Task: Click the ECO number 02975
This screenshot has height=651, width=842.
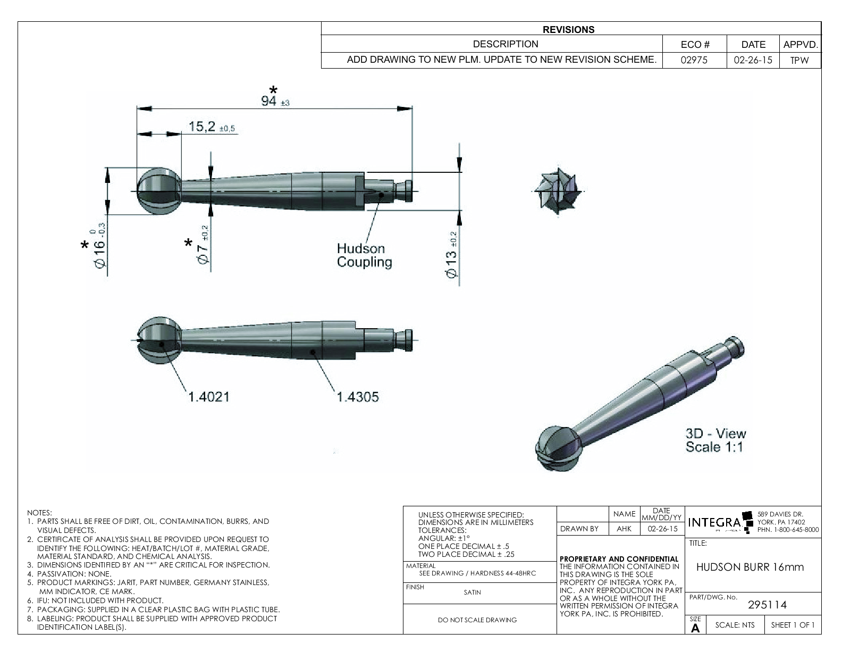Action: pos(694,60)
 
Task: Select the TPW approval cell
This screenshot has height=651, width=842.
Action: pos(799,60)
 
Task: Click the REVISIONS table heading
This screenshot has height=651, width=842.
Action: pos(568,30)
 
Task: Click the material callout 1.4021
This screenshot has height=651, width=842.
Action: pos(208,397)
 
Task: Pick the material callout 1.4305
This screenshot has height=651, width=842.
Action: pos(357,397)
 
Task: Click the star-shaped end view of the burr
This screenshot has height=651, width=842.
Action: pos(559,191)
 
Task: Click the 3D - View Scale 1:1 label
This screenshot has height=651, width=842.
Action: pos(715,440)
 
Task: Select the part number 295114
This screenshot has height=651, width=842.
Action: pos(767,604)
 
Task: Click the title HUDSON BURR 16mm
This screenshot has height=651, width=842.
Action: pos(750,567)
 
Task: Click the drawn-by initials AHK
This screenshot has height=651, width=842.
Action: pos(624,529)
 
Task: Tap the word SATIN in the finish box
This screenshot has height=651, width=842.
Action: pos(472,592)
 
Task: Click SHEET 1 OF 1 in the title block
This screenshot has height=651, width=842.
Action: pos(793,625)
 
